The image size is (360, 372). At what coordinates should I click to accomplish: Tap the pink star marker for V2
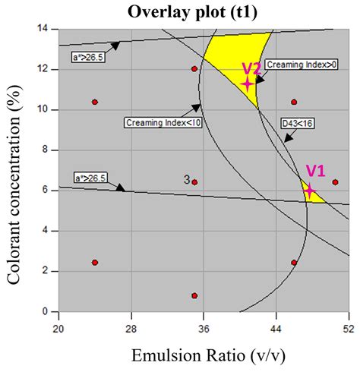click(x=247, y=84)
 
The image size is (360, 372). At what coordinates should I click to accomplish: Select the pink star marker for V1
click(x=309, y=190)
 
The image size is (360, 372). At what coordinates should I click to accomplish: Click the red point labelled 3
click(x=194, y=182)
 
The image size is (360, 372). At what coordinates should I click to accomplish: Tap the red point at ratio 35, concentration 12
click(x=194, y=69)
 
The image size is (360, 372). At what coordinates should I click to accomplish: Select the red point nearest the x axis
click(x=194, y=295)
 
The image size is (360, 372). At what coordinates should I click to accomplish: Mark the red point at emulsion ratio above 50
click(x=336, y=182)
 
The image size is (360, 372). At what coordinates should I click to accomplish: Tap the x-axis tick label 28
click(x=131, y=328)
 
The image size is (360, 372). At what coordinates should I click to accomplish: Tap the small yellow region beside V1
click(x=316, y=197)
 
